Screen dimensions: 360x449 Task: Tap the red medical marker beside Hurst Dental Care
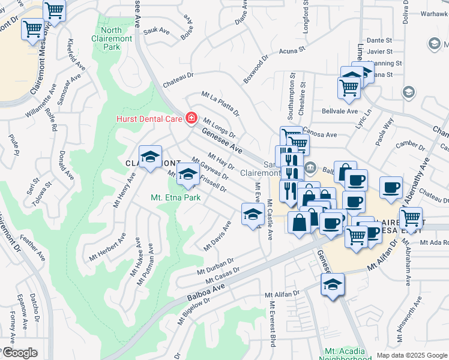(x=191, y=118)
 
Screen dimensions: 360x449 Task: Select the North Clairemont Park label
(x=111, y=38)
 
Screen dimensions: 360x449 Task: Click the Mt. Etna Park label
(x=175, y=196)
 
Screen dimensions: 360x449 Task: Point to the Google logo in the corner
(x=19, y=353)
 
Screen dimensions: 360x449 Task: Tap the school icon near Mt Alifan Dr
(x=332, y=285)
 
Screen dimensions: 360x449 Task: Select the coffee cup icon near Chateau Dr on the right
(x=391, y=188)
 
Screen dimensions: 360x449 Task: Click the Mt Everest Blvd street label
(x=272, y=328)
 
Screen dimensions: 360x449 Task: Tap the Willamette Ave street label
(x=39, y=105)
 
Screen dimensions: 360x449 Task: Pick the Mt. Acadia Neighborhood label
(x=348, y=354)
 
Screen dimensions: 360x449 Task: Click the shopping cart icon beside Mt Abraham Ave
(x=411, y=218)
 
